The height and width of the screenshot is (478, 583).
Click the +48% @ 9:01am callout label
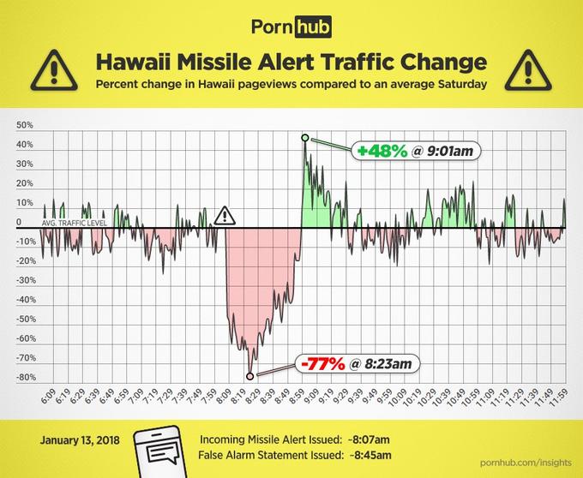[x=418, y=151]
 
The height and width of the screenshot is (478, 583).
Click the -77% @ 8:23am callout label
[x=360, y=364]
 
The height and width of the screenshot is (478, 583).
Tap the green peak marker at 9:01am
[x=304, y=137]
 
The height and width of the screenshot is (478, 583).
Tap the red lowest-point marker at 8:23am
[x=249, y=375]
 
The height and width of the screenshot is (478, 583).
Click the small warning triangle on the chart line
[x=224, y=215]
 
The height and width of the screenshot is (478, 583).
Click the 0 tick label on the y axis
[x=18, y=223]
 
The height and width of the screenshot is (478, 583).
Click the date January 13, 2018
[x=81, y=440]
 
